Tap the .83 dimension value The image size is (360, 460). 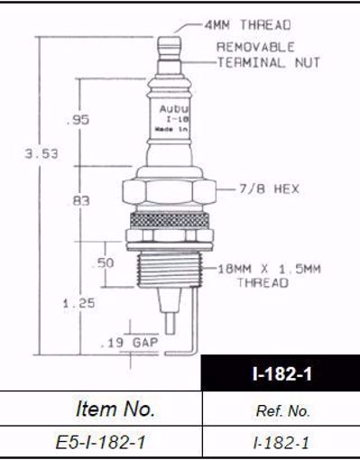coord(79,202)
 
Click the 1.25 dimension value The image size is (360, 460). coord(84,304)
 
